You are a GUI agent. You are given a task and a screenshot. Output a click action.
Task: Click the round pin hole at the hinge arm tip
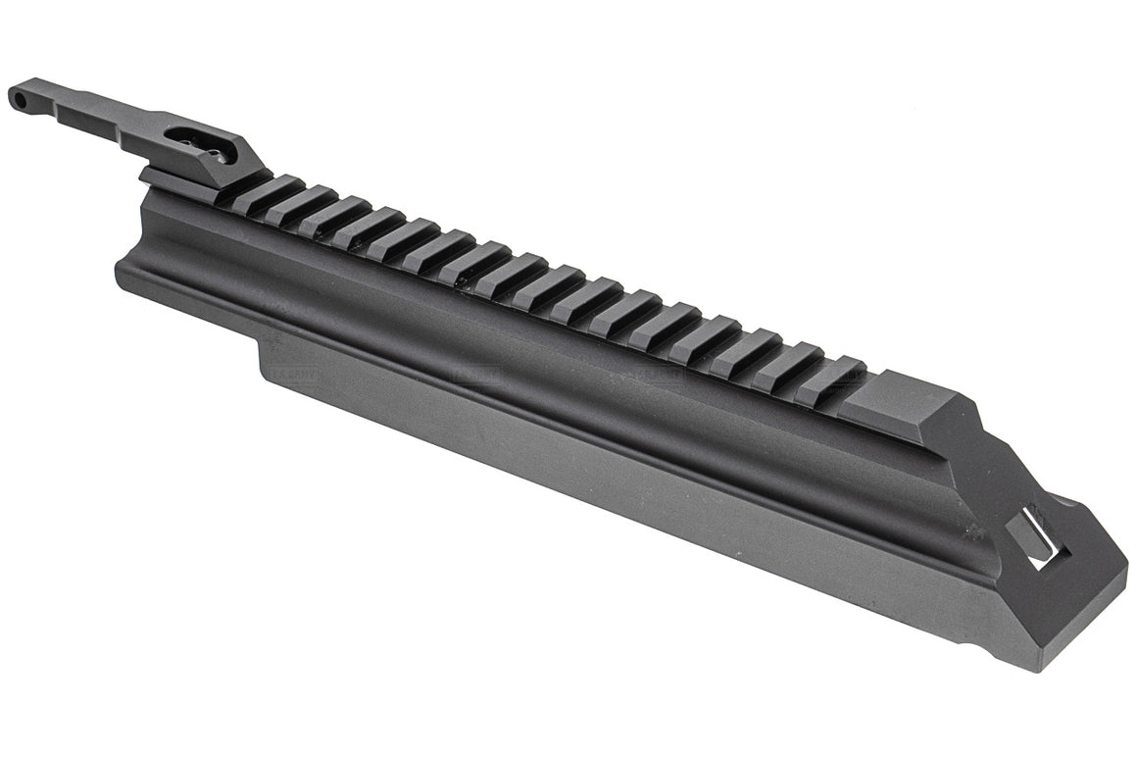(x=18, y=96)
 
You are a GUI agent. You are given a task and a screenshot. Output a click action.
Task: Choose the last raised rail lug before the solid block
(x=833, y=378)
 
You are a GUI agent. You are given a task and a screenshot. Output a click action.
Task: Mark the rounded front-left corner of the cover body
(x=123, y=265)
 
